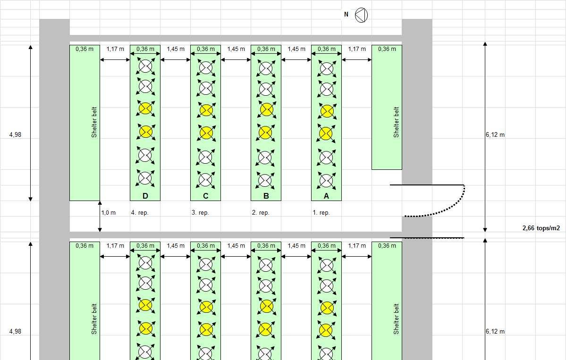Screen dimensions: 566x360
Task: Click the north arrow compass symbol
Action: point(361,15)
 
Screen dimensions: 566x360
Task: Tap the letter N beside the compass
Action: point(346,15)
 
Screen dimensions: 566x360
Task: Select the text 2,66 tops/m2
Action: point(541,228)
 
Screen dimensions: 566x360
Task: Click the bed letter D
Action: point(145,196)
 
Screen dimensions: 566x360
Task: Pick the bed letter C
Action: point(205,196)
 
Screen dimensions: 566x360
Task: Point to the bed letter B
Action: point(266,196)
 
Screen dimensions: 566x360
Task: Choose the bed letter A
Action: point(326,196)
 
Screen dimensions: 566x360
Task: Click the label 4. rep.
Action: point(140,213)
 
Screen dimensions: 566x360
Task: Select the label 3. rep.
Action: point(200,213)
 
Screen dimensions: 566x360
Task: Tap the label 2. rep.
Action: point(261,213)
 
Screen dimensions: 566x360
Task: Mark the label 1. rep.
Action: point(321,213)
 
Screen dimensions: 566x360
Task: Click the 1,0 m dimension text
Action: point(109,213)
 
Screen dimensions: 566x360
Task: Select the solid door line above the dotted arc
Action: point(427,185)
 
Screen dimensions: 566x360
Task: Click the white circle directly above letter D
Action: point(145,178)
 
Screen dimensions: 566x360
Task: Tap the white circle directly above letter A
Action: point(326,180)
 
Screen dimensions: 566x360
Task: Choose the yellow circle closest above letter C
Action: point(205,133)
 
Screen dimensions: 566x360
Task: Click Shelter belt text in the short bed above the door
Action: point(396,122)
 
